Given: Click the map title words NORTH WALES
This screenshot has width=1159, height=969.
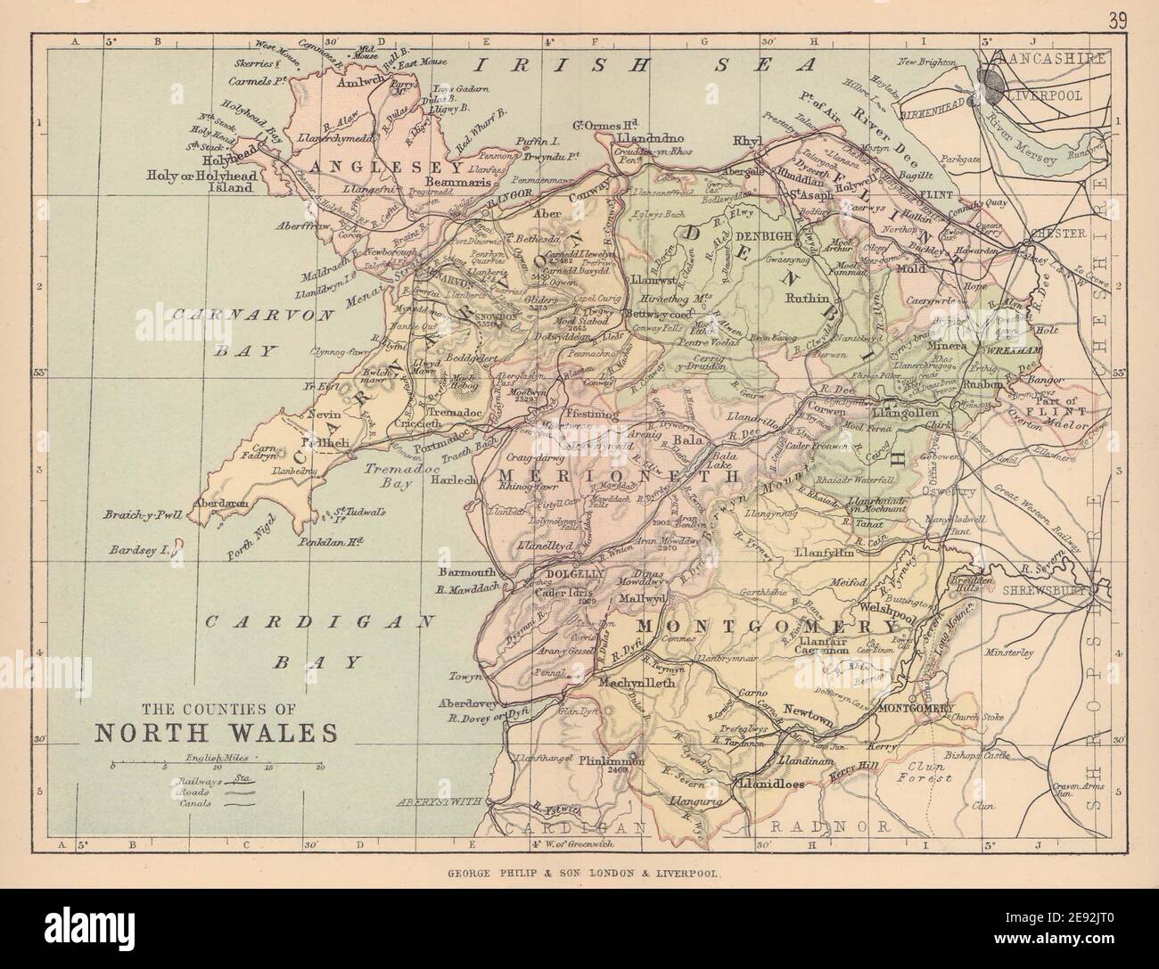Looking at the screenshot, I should pos(215,732).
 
